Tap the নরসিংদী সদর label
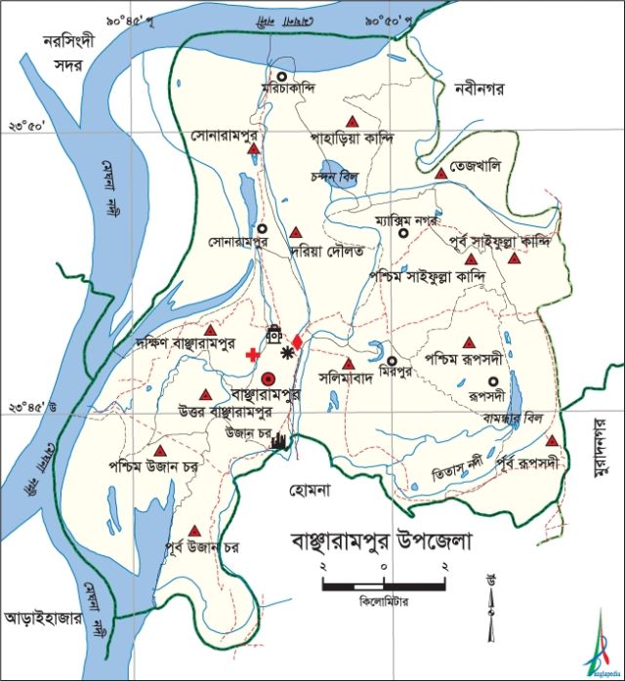61,51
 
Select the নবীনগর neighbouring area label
478,90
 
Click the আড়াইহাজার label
41,618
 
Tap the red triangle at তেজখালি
441,173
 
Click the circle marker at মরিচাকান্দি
281,76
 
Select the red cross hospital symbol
253,353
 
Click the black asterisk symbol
286,352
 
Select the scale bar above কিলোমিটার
384,585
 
